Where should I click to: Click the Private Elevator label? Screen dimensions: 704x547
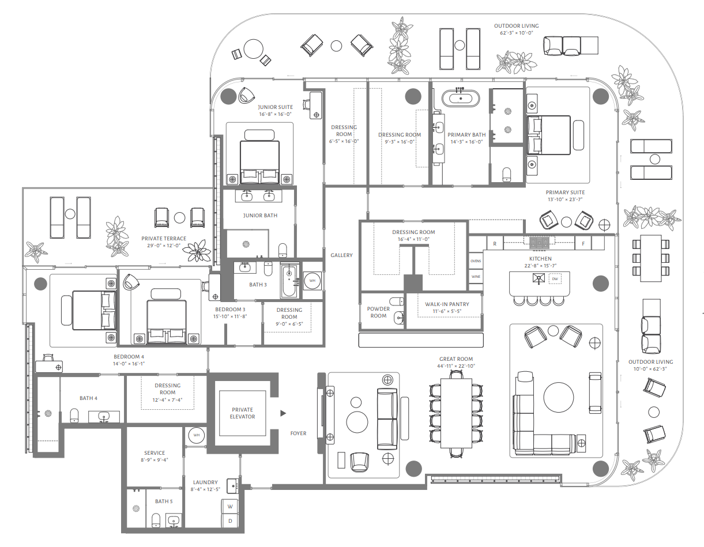tap(242, 413)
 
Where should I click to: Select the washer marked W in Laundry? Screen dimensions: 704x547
tap(230, 507)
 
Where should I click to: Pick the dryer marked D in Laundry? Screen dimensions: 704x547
tap(230, 521)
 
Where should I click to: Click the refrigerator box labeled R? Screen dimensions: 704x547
tap(495, 244)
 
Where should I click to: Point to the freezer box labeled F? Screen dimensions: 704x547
tap(583, 244)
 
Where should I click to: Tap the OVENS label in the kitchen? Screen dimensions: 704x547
tap(476, 261)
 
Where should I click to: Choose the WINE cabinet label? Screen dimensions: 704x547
tap(476, 277)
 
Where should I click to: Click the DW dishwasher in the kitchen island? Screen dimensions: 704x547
tap(555, 279)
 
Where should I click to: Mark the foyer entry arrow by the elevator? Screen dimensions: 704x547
tap(283, 413)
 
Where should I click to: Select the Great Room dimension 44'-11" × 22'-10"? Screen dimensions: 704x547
tap(456, 366)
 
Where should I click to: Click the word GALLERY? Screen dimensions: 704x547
tap(341, 255)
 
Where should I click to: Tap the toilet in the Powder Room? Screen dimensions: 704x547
tap(397, 301)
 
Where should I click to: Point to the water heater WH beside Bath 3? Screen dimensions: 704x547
tap(313, 281)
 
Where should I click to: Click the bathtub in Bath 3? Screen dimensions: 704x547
tap(288, 281)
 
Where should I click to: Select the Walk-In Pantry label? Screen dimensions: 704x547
tap(447, 304)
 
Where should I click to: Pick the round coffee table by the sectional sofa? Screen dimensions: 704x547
tap(559, 397)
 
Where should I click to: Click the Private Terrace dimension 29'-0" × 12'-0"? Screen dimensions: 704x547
tap(164, 246)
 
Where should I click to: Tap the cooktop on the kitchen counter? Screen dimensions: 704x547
tap(539, 243)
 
